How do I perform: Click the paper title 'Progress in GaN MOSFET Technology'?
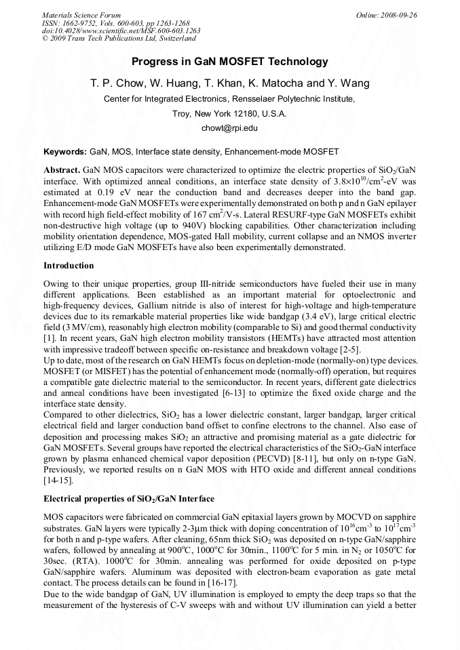point(229,62)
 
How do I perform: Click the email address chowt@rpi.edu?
point(229,127)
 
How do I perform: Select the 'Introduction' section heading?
point(69,266)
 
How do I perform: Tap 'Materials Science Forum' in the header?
point(81,15)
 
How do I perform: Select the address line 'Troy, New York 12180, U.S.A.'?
point(229,113)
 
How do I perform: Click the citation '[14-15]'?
point(59,481)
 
